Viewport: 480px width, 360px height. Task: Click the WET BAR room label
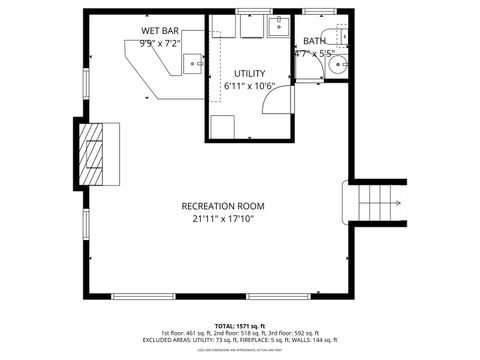tap(160, 31)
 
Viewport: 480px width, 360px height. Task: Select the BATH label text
tap(314, 41)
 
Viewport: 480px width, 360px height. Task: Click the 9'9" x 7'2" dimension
tap(160, 43)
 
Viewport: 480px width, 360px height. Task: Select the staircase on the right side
tap(378, 205)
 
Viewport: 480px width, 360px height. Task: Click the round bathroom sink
tap(336, 67)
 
